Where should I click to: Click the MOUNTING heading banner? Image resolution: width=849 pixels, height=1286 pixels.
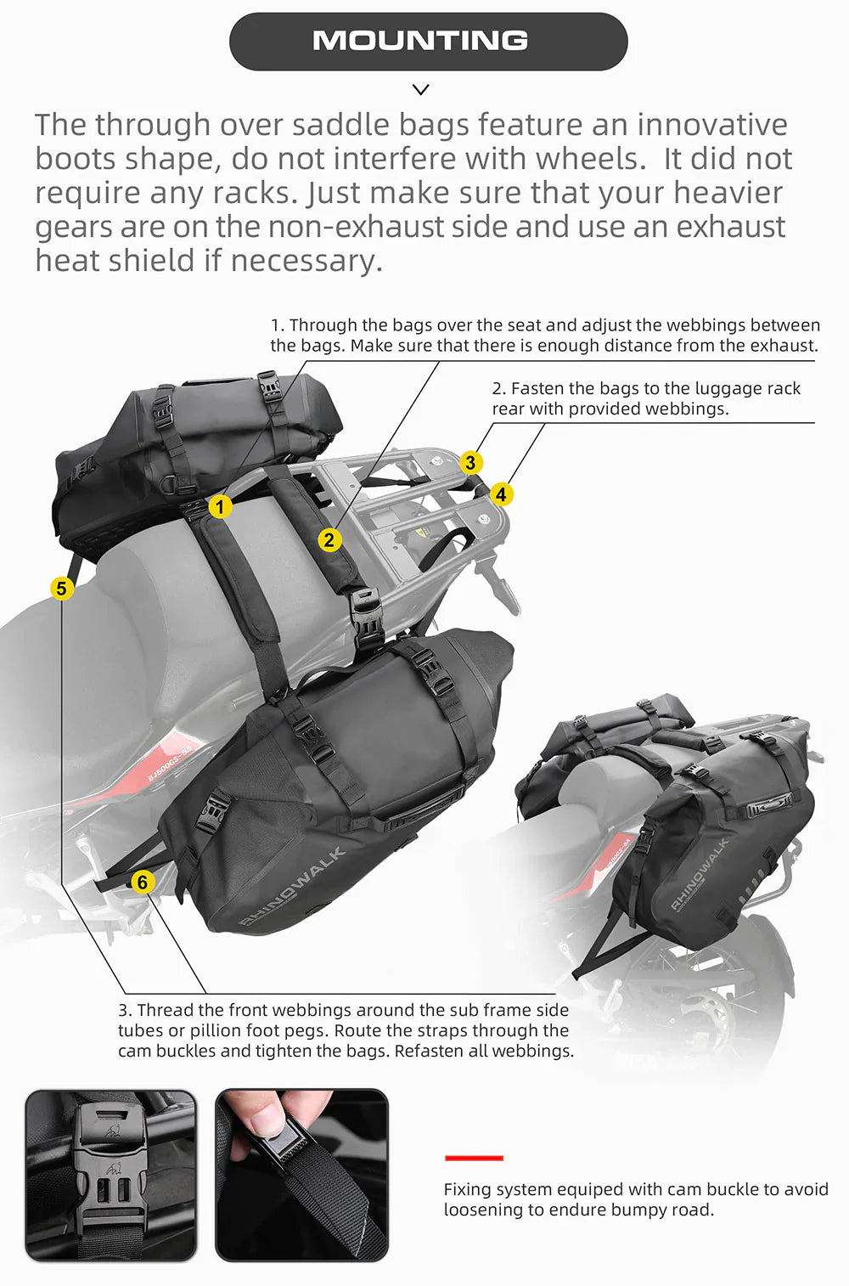click(x=428, y=41)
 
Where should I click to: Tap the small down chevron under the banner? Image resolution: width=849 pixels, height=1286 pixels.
click(x=420, y=89)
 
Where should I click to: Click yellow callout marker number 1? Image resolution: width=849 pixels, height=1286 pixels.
click(x=220, y=507)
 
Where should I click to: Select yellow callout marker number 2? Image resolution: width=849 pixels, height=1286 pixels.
click(x=329, y=539)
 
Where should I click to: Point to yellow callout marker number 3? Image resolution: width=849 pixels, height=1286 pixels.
click(x=470, y=463)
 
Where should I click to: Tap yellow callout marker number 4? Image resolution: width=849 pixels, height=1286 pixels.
click(x=501, y=494)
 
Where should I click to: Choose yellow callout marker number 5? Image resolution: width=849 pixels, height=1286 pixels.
click(x=61, y=588)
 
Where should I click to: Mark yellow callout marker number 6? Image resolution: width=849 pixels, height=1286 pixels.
click(x=143, y=883)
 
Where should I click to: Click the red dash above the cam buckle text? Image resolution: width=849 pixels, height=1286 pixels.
click(x=474, y=1158)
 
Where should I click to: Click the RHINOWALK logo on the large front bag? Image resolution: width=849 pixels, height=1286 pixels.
click(x=292, y=885)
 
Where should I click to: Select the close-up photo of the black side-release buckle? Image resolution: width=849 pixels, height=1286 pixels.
click(x=111, y=1175)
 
